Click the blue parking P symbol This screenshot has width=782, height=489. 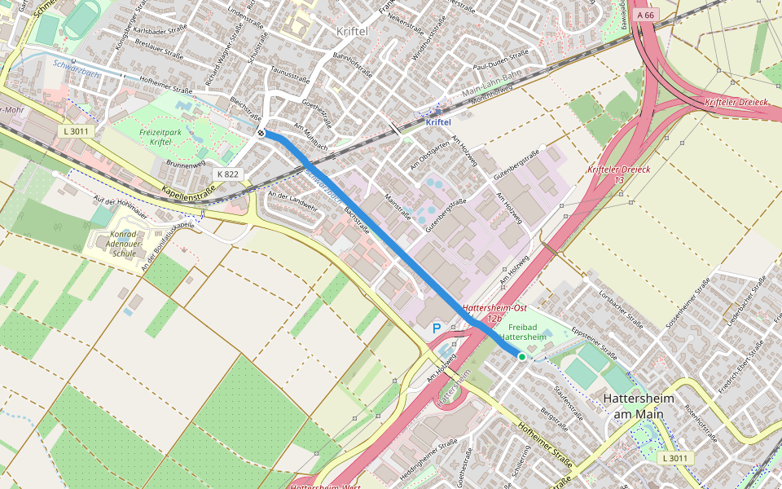tap(436, 328)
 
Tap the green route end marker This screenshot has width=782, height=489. tap(521, 356)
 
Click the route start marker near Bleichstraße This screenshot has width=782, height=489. tap(260, 133)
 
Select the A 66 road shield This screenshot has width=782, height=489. tap(646, 15)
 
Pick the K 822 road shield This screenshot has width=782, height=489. tap(227, 174)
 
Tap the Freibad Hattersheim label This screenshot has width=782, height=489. tap(521, 331)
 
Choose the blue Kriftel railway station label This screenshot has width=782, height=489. tap(438, 121)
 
